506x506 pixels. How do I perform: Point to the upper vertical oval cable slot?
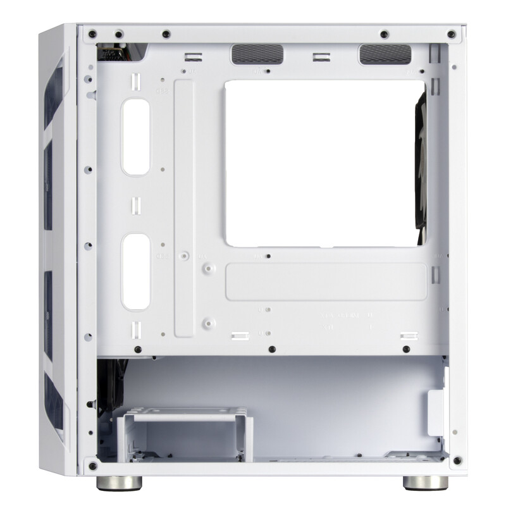tap(136, 137)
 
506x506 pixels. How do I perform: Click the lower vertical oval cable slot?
tap(136, 271)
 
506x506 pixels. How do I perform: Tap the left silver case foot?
tap(119, 482)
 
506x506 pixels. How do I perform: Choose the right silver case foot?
tap(425, 482)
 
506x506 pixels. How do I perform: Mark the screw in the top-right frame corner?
tap(450, 34)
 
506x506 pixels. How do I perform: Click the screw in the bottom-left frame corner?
tap(93, 466)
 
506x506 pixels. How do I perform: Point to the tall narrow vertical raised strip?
tap(183, 209)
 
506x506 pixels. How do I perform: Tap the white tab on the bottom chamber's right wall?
tap(436, 413)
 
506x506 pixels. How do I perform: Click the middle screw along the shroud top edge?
tap(271, 349)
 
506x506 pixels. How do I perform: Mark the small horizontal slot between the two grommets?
tap(321, 59)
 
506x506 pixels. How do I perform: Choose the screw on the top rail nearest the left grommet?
tap(165, 34)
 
